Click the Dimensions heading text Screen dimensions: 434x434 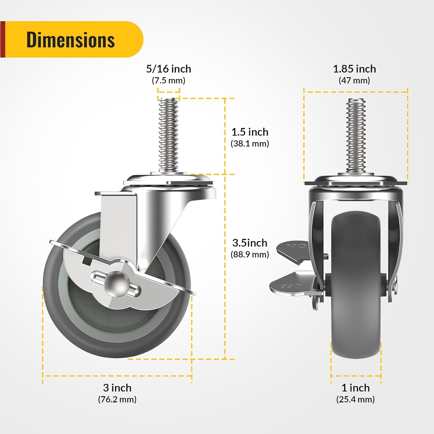(x=71, y=40)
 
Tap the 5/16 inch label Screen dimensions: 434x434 (x=168, y=69)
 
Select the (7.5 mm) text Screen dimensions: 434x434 (x=168, y=80)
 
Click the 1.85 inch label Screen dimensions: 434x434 (x=354, y=69)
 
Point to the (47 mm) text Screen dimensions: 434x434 (x=354, y=80)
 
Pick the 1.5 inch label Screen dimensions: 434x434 (x=250, y=132)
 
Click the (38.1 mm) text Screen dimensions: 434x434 (x=250, y=144)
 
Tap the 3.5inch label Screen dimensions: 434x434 (x=250, y=243)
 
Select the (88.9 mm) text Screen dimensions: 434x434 (x=250, y=254)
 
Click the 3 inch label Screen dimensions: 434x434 (x=117, y=388)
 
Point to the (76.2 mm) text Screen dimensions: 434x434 (x=117, y=399)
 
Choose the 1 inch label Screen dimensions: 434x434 (x=356, y=388)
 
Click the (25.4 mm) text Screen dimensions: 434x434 (x=356, y=399)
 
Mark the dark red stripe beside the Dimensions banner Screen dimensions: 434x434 (x=3, y=39)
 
